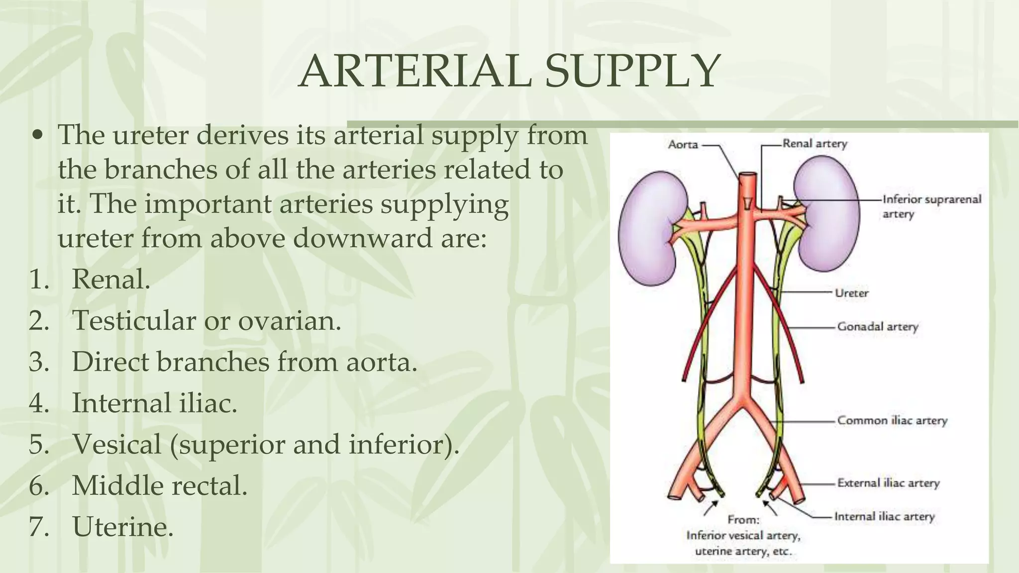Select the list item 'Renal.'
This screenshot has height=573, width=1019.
coord(111,280)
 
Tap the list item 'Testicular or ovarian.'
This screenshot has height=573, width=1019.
coord(206,321)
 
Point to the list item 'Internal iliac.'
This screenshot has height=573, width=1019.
coord(154,403)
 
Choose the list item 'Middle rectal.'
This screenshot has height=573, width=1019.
coord(159,485)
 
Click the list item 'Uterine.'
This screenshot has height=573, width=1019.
coord(123,527)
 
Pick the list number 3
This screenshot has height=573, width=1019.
coord(39,362)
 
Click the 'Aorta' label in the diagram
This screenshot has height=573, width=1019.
coord(683,145)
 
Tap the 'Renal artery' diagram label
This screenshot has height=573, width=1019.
coord(815,144)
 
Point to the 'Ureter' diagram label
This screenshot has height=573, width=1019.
coord(851,293)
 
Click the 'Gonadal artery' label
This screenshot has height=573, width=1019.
coord(877,327)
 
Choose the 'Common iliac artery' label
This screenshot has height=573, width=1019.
coord(892,421)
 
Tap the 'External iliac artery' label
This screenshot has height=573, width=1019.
coord(888,483)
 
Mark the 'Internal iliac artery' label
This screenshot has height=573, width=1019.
coord(884,517)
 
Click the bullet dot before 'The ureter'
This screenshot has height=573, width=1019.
coord(39,135)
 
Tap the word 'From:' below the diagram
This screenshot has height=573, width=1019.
coord(743,520)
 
